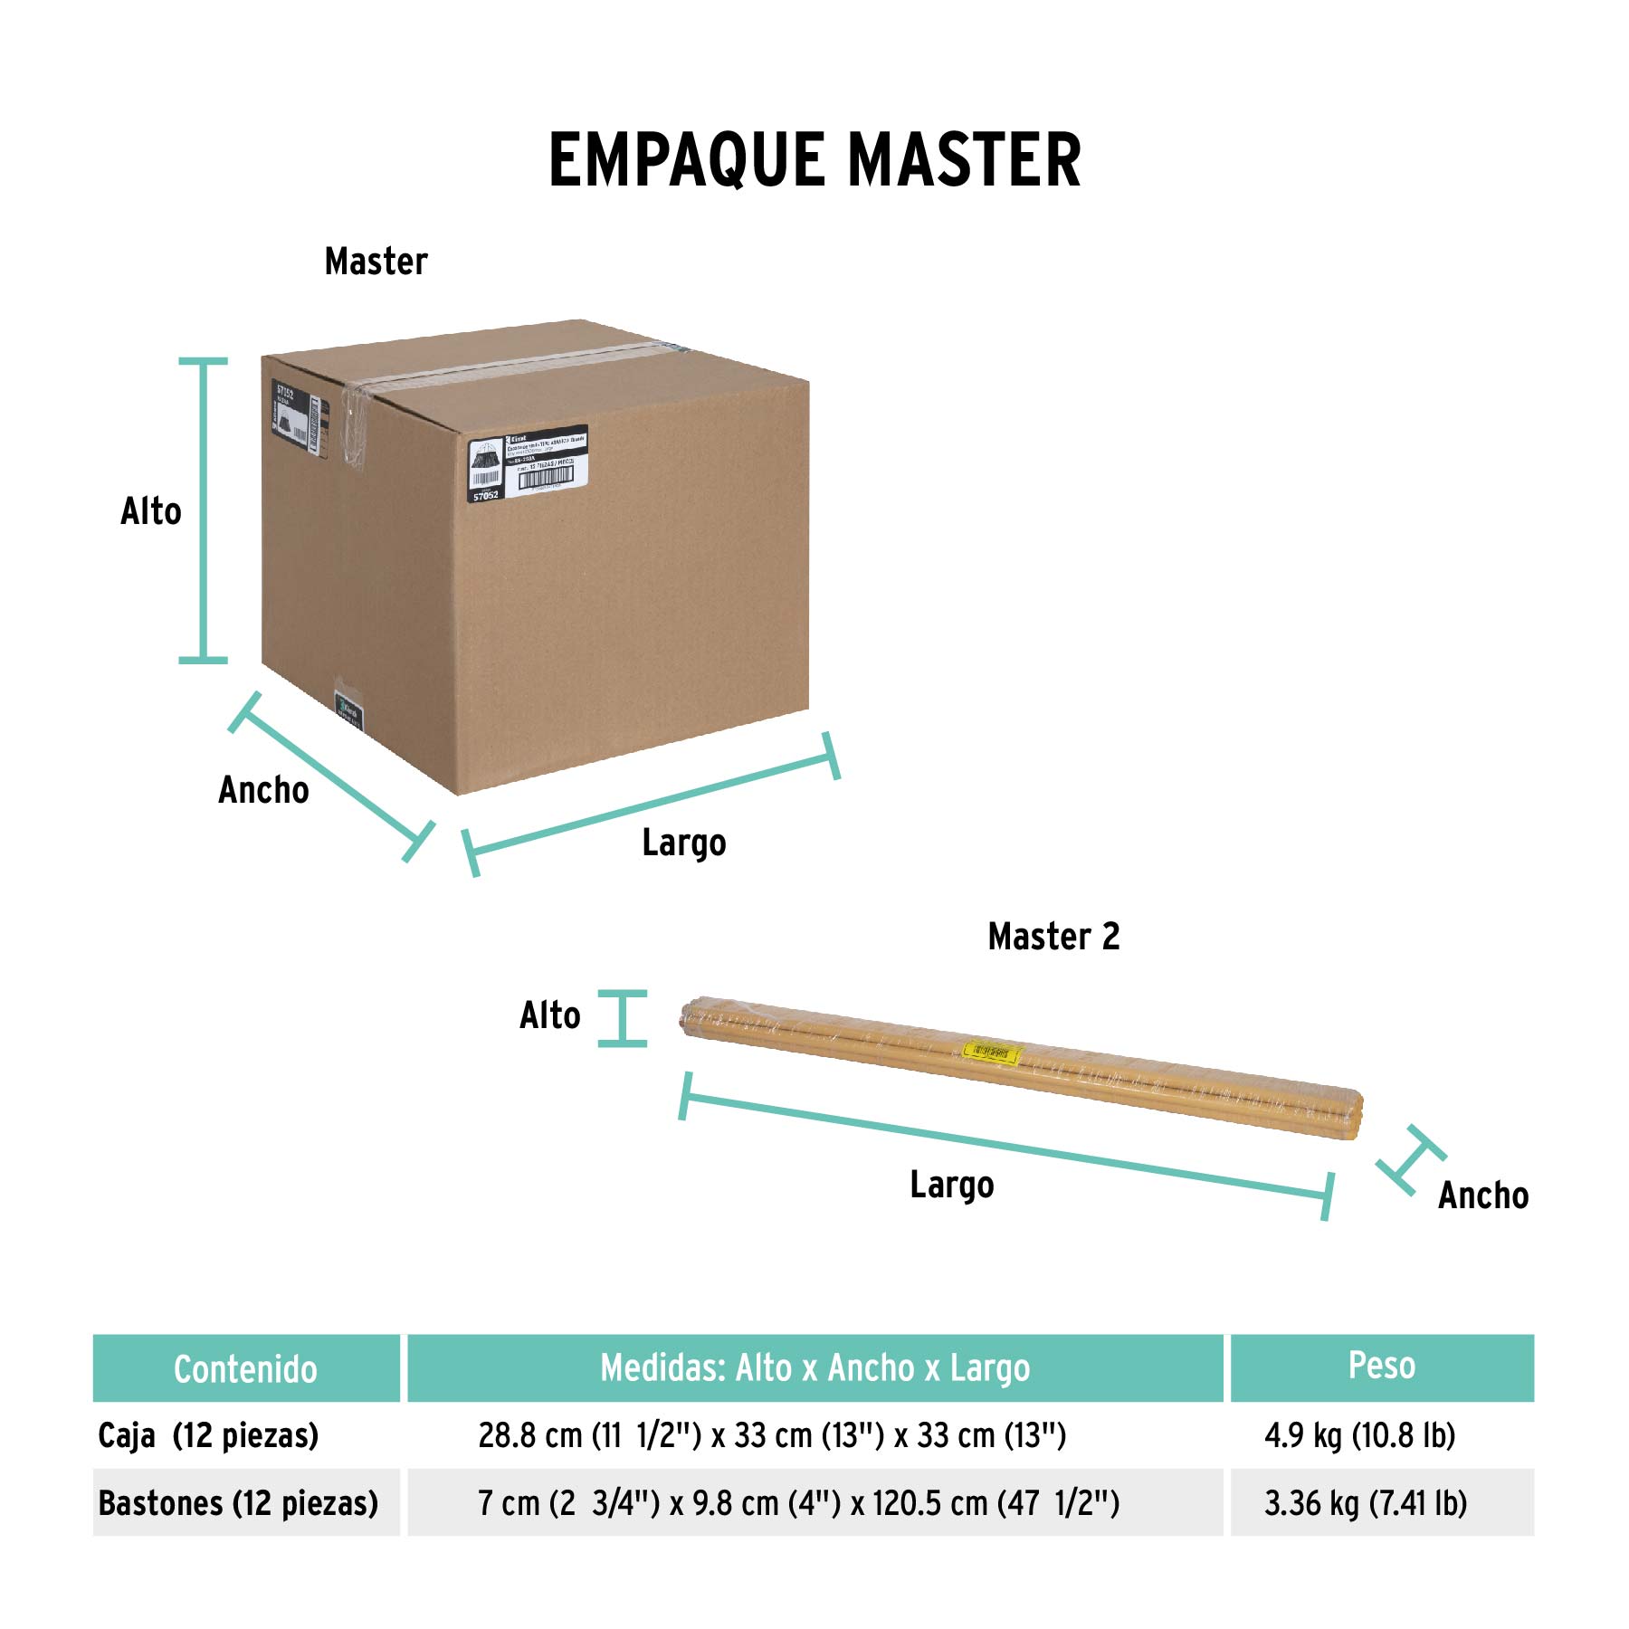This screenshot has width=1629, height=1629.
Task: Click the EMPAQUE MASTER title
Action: point(814,160)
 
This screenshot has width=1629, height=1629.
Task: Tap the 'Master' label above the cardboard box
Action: point(376,262)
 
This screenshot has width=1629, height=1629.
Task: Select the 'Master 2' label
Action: point(1053,937)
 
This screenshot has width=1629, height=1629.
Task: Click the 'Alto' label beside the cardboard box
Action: point(151,511)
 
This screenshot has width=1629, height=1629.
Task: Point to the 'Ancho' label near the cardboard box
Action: point(263,790)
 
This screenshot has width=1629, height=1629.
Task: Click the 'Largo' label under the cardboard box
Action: point(684,843)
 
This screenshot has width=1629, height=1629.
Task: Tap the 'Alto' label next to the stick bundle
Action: point(550,1016)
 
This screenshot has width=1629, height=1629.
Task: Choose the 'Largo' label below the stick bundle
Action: point(952,1186)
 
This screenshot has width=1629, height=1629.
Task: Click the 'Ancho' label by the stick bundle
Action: point(1483,1196)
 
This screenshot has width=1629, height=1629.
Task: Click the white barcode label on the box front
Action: point(529,462)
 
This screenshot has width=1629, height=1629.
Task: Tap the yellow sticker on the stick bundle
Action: point(992,1053)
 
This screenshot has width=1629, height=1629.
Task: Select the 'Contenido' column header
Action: point(245,1369)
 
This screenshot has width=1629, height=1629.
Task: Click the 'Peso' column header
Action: point(1381,1366)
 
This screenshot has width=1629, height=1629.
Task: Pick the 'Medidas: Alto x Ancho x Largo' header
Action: point(814,1368)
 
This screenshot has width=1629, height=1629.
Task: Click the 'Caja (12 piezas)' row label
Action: point(208,1436)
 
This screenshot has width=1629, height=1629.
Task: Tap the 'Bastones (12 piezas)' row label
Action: point(238,1503)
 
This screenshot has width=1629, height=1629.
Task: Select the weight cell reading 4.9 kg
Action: point(1359,1435)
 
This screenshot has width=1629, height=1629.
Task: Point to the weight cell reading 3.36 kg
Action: point(1365,1503)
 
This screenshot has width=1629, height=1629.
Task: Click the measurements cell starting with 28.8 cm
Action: point(772,1435)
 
